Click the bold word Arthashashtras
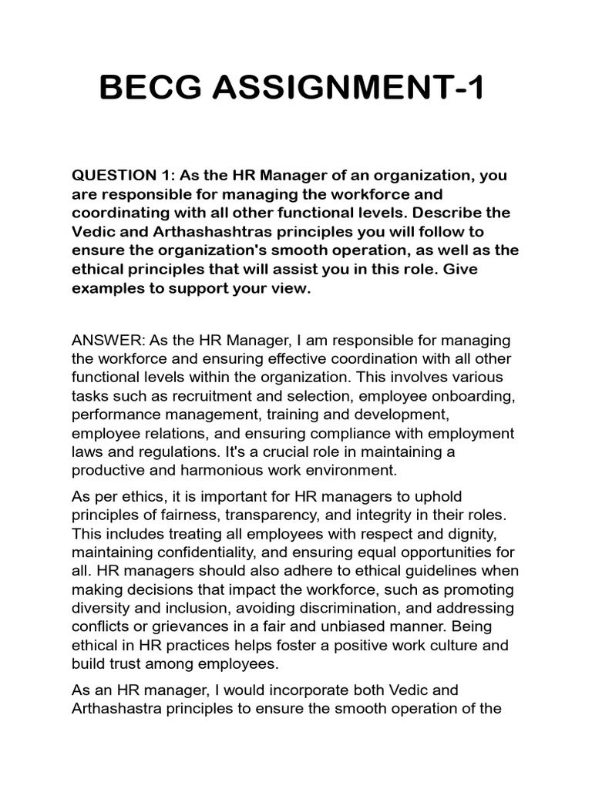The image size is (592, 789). click(x=180, y=232)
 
